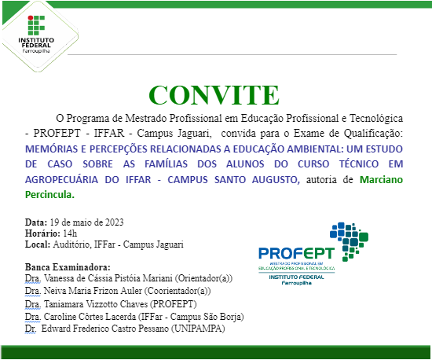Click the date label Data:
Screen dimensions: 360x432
(36, 222)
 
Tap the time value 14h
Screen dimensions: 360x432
(71, 233)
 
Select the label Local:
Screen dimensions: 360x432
(38, 245)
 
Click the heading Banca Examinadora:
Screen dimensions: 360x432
(68, 267)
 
